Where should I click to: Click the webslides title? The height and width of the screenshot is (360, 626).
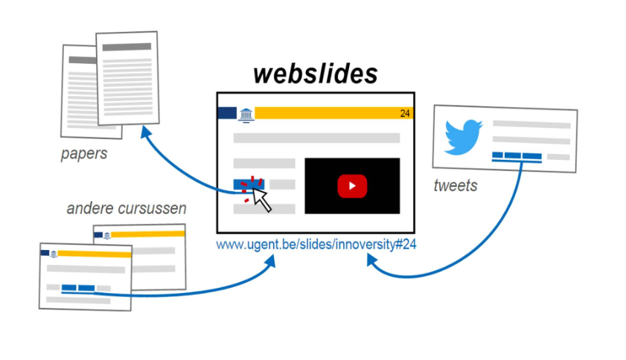pyautogui.click(x=315, y=74)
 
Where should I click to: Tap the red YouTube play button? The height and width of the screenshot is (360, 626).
pyautogui.click(x=352, y=185)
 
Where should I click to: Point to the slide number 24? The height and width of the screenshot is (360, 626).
pyautogui.click(x=405, y=114)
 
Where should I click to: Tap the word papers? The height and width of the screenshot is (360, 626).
pyautogui.click(x=84, y=155)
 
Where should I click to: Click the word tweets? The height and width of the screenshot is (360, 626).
pyautogui.click(x=455, y=185)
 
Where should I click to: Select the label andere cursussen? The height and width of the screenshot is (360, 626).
pyautogui.click(x=127, y=208)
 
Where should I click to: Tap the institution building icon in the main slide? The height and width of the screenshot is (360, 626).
pyautogui.click(x=245, y=114)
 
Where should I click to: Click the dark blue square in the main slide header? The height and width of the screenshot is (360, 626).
pyautogui.click(x=226, y=113)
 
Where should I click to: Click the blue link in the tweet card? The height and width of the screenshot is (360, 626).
pyautogui.click(x=517, y=156)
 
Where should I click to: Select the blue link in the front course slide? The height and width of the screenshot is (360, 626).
pyautogui.click(x=78, y=288)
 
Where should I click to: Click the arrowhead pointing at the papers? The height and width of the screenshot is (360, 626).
pyautogui.click(x=145, y=132)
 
